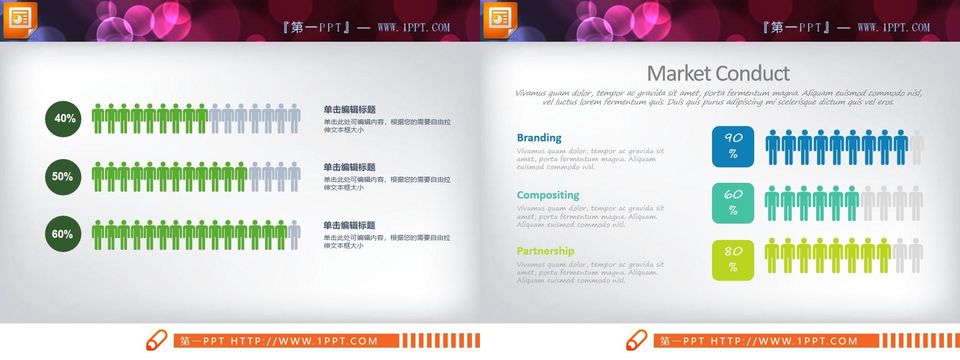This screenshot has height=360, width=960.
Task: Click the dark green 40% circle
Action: (x=63, y=119)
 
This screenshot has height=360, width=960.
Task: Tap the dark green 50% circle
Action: (x=63, y=177)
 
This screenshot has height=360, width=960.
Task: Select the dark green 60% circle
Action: (x=63, y=234)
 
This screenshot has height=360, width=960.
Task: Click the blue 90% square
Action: (x=733, y=146)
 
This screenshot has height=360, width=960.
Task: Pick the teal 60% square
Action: (x=733, y=203)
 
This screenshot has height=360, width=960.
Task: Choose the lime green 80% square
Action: (x=733, y=260)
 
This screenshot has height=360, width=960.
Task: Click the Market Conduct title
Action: (x=718, y=74)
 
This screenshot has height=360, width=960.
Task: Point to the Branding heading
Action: (x=539, y=138)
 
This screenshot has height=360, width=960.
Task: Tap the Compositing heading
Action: (x=548, y=195)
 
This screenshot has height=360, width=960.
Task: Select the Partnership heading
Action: (x=545, y=251)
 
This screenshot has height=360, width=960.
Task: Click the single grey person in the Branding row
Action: (x=916, y=147)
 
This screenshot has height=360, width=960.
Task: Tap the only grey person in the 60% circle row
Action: (x=294, y=234)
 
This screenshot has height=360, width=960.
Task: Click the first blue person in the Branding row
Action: (x=772, y=147)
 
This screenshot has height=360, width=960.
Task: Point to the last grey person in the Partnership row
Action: (x=916, y=255)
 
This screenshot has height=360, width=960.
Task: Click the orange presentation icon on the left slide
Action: (x=20, y=20)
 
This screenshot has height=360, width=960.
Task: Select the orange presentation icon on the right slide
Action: (x=500, y=20)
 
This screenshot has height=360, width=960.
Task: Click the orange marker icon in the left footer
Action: (x=157, y=340)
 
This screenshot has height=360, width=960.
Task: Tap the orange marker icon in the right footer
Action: (x=637, y=340)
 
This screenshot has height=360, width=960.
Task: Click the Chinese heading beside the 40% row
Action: (x=350, y=110)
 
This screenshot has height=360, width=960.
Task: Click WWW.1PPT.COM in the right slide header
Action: (x=893, y=28)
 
